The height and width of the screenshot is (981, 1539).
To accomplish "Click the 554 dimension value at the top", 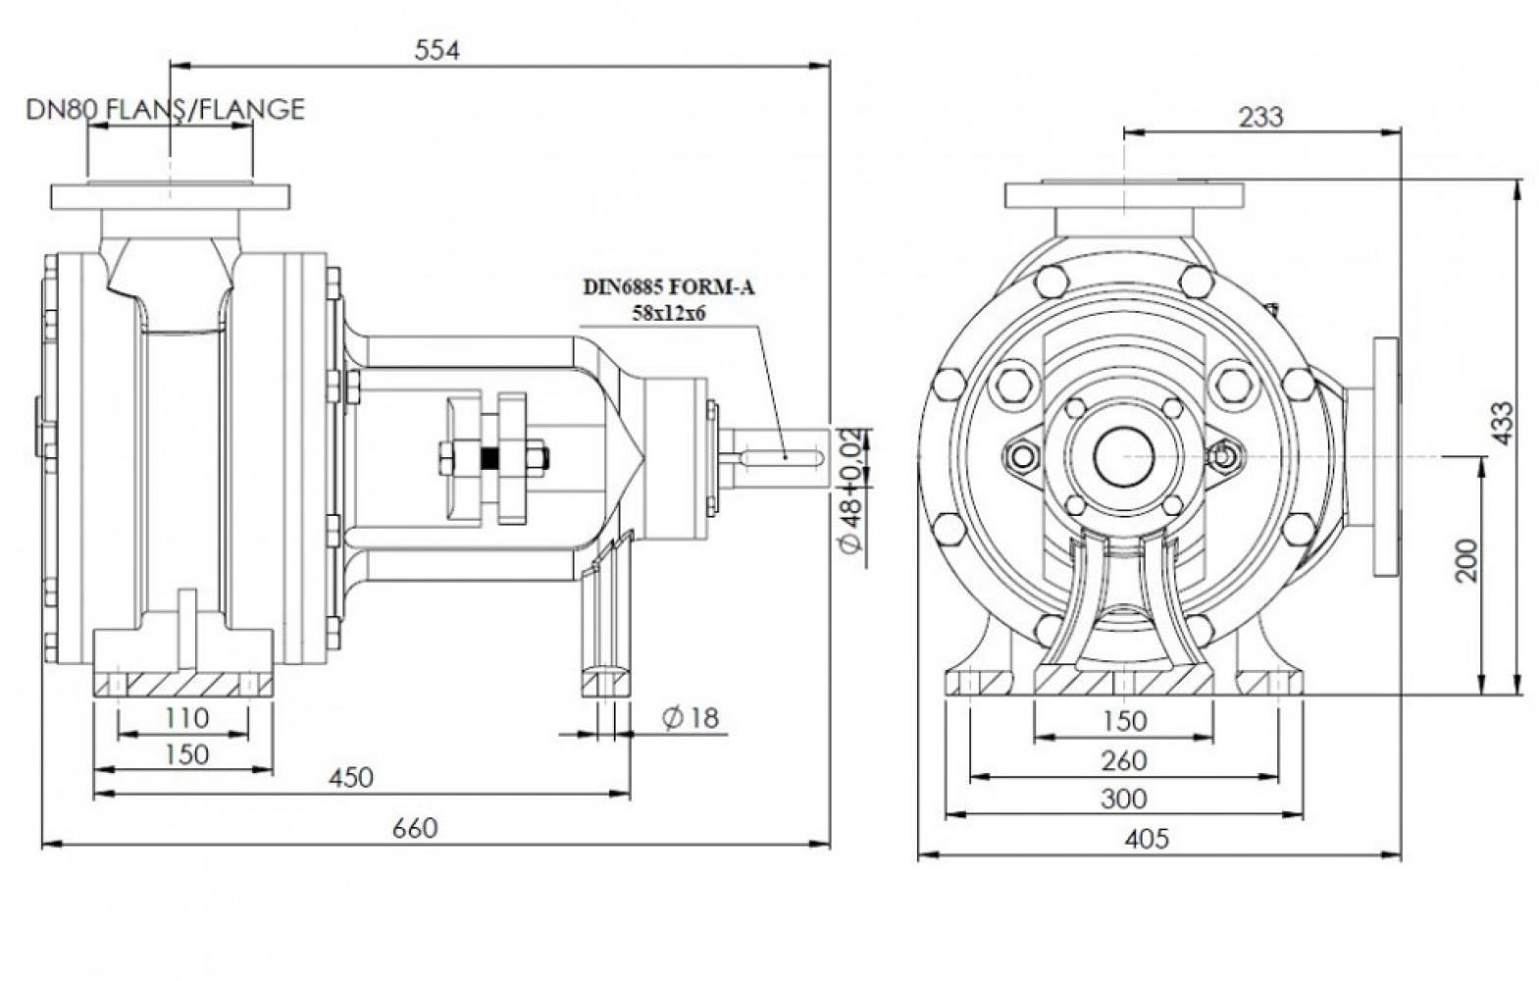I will pos(436,50).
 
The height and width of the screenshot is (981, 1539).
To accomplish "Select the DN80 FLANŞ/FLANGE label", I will pos(165,109).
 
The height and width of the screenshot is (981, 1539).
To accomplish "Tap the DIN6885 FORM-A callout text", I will pos(671,287).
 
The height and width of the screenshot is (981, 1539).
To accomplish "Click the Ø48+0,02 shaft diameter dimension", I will pos(851,490).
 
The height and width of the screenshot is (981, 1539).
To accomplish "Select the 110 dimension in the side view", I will pos(185,718).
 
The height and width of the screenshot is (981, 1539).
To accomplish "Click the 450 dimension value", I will pos(350,777).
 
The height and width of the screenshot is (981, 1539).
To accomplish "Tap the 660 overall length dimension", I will pos(415,828).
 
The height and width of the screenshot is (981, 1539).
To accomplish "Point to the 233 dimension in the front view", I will pos(1260,117).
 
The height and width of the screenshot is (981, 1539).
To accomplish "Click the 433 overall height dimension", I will pos(1502,423).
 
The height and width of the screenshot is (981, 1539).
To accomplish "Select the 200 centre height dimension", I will pos(1465,560).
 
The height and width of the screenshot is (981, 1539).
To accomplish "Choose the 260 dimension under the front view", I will pos(1123,760).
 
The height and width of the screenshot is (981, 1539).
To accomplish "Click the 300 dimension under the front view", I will pos(1123,799).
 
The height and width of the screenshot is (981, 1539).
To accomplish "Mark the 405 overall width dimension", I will pos(1147,839).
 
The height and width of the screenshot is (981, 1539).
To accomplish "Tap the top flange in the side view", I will pos(170,196).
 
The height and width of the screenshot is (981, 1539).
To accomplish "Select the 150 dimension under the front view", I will pos(1123,721).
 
